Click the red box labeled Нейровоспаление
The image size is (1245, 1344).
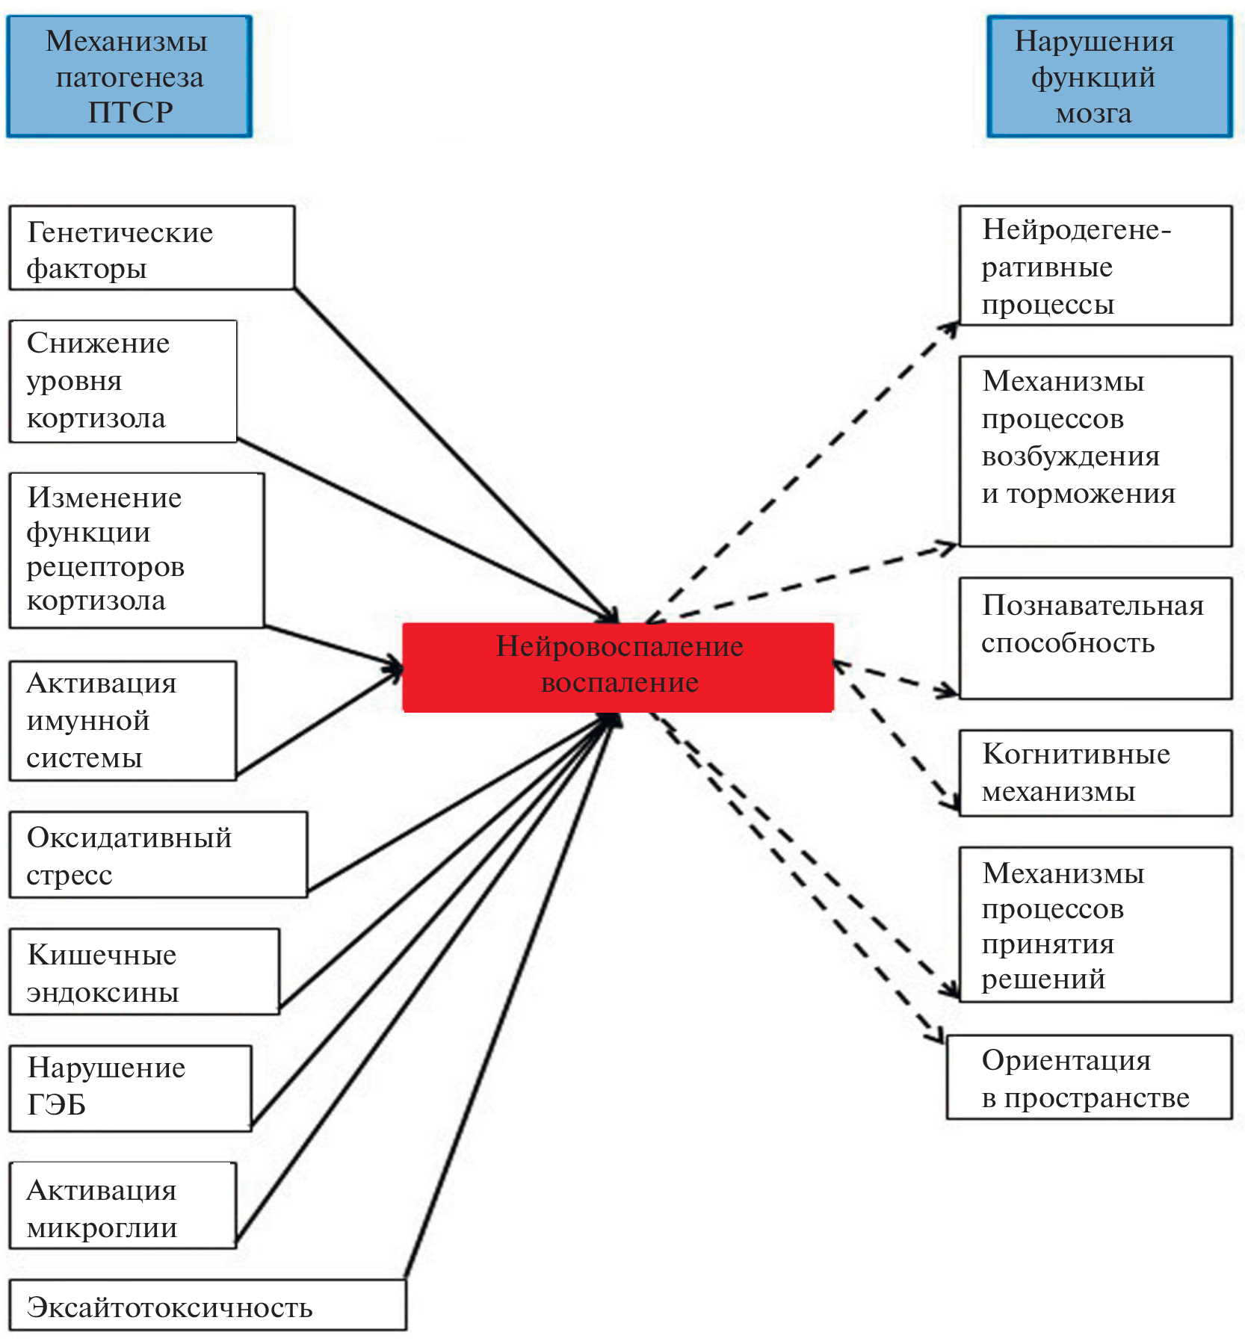coord(618,666)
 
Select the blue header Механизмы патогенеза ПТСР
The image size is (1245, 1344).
coord(129,76)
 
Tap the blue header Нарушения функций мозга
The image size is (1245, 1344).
coord(1109,76)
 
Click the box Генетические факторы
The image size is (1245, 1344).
coord(152,248)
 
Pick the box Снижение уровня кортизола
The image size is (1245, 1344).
coord(123,381)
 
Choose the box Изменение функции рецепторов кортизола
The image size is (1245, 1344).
coord(137,550)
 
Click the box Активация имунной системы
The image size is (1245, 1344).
coord(123,720)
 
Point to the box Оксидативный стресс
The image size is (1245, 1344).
coord(158,855)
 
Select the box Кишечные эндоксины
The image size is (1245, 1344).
coord(144,971)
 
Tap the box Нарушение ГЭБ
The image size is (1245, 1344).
coord(130,1088)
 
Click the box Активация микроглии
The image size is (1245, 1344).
coord(123,1206)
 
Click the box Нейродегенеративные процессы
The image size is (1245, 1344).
coord(1095,266)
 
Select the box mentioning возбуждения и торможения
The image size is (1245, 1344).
coord(1095,450)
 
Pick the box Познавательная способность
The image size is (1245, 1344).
coord(1095,638)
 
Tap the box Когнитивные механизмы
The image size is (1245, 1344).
coord(1095,772)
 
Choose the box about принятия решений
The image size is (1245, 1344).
coord(1095,924)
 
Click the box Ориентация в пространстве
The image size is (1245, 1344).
coord(1089,1077)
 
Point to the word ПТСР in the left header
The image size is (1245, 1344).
coord(131,112)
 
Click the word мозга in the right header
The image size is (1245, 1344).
coord(1093,114)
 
